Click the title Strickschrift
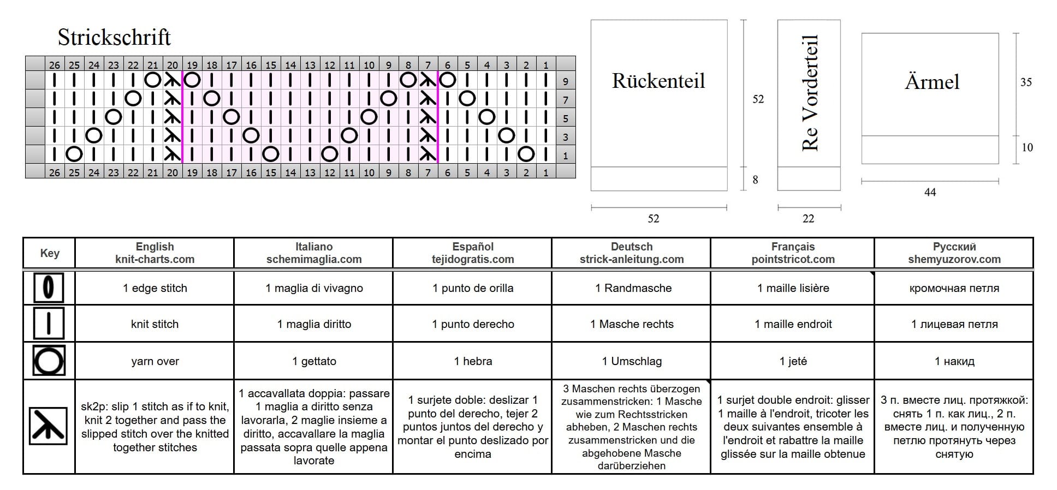(114, 37)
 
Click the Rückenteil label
(658, 81)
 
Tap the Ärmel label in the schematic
(932, 82)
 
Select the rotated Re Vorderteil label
(810, 93)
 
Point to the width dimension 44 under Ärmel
(930, 192)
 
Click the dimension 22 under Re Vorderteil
(809, 219)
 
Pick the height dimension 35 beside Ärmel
(1026, 82)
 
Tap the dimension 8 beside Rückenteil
(755, 180)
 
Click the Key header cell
(50, 253)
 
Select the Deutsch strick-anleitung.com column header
(632, 253)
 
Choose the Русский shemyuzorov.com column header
(954, 253)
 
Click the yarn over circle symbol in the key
(49, 361)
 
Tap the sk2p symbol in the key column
(49, 426)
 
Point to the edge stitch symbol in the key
(49, 288)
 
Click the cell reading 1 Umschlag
(632, 361)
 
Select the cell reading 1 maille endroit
(793, 324)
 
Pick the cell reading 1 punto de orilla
(473, 288)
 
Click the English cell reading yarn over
(155, 361)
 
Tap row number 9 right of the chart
(566, 82)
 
